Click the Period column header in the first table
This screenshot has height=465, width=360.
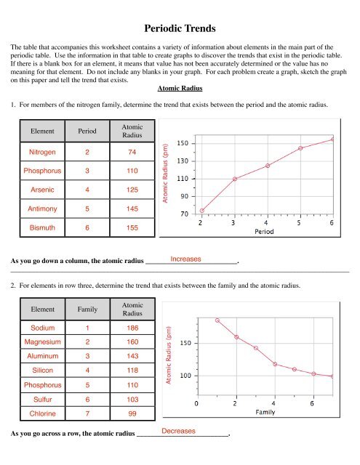point(87,131)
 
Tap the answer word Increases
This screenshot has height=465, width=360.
point(187,259)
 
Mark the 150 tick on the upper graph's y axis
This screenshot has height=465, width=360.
point(184,143)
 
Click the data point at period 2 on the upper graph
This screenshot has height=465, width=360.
point(202,211)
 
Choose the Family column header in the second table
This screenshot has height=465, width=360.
point(87,308)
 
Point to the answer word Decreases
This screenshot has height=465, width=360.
point(179,432)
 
